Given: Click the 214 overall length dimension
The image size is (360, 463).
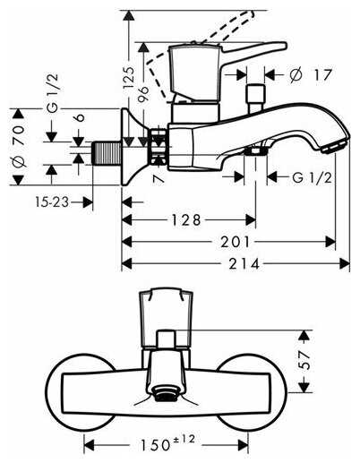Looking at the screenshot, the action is pos(244,264).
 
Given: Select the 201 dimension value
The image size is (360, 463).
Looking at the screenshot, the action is pos(235,242).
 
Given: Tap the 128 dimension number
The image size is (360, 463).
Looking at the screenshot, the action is pos(186,220).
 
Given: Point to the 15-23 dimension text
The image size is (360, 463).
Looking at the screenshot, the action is pos(52,202).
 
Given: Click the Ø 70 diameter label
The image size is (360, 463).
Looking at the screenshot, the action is pos(19,146).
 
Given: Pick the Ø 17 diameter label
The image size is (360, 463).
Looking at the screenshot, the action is pos(311,74).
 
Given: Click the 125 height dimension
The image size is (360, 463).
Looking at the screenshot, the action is pos(129,77).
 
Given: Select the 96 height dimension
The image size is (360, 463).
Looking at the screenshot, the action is pos(143,94).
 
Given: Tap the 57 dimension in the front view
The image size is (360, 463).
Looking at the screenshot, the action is pos(304,360).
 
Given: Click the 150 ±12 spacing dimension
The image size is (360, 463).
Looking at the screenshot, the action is pos(167,443).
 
